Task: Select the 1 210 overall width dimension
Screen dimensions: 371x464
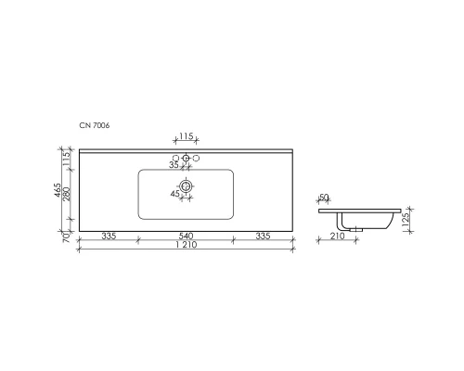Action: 186,248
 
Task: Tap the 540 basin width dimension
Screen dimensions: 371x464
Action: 186,237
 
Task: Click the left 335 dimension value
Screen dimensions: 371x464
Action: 108,237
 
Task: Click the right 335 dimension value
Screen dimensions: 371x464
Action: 264,237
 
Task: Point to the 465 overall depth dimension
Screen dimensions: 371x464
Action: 58,193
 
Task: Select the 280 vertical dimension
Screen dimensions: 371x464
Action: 68,194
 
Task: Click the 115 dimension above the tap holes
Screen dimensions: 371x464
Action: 186,136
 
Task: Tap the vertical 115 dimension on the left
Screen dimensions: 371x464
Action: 68,159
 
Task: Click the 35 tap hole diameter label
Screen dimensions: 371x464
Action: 173,165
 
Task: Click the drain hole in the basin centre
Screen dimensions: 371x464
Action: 186,187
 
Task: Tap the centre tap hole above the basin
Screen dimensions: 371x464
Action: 186,160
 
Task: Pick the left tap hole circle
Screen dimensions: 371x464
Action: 175,160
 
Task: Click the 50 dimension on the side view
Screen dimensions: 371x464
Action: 324,197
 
